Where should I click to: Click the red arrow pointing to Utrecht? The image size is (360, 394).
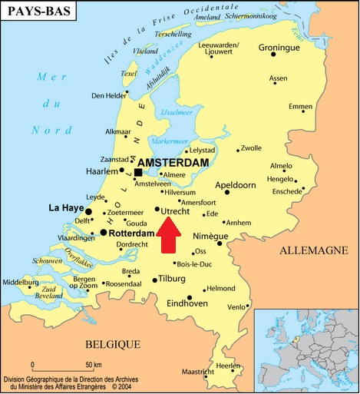170,235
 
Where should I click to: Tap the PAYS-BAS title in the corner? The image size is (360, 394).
37,12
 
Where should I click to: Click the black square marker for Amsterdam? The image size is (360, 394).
138,172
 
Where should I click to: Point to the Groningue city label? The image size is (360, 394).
278,48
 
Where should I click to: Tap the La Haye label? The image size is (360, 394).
65,207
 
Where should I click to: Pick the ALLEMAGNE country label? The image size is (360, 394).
312,250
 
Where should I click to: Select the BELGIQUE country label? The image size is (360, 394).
114,343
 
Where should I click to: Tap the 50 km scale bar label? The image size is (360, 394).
94,363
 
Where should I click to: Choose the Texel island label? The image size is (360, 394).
129,74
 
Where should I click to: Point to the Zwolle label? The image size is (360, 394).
251,148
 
